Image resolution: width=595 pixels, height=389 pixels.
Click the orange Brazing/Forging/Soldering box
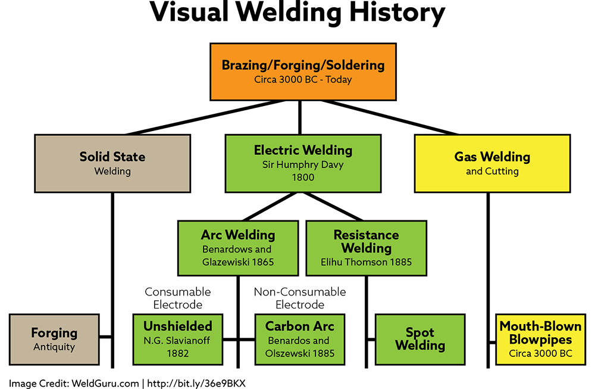point(303,71)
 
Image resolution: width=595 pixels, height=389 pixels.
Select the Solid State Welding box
point(112,163)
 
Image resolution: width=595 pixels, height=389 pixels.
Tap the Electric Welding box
point(303,163)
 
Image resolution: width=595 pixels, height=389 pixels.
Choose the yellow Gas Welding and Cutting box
point(492,163)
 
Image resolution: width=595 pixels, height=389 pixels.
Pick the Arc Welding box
point(237,248)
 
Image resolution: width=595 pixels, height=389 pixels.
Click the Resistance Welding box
point(366,248)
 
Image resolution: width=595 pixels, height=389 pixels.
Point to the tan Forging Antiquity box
point(54,339)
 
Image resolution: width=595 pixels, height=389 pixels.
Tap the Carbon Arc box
point(299,339)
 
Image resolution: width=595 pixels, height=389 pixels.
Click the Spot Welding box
point(420,339)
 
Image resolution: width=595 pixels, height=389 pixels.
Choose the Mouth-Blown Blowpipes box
point(540,339)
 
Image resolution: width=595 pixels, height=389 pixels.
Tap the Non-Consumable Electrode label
point(299,298)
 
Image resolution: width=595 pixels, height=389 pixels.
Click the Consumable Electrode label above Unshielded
point(178,298)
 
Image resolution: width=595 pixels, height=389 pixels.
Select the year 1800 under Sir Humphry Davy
point(303,178)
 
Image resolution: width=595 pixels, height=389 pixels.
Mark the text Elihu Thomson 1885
point(366,262)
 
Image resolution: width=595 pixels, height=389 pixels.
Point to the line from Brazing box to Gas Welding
point(390,117)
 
